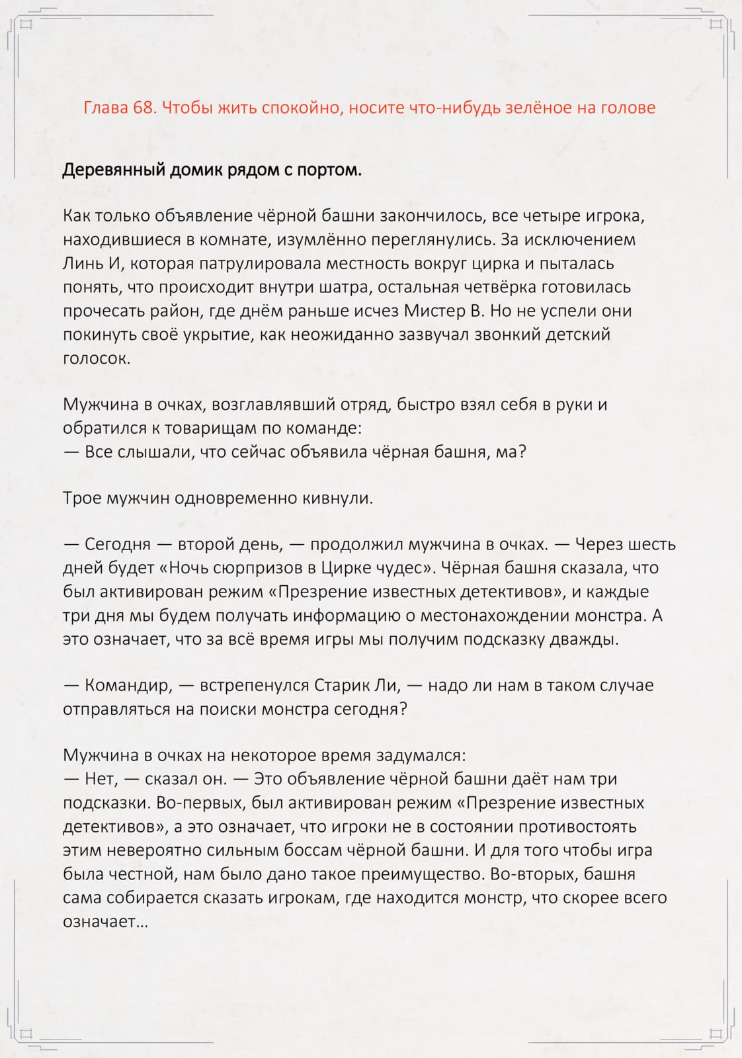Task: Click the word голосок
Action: (x=97, y=358)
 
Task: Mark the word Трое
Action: (x=81, y=498)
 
